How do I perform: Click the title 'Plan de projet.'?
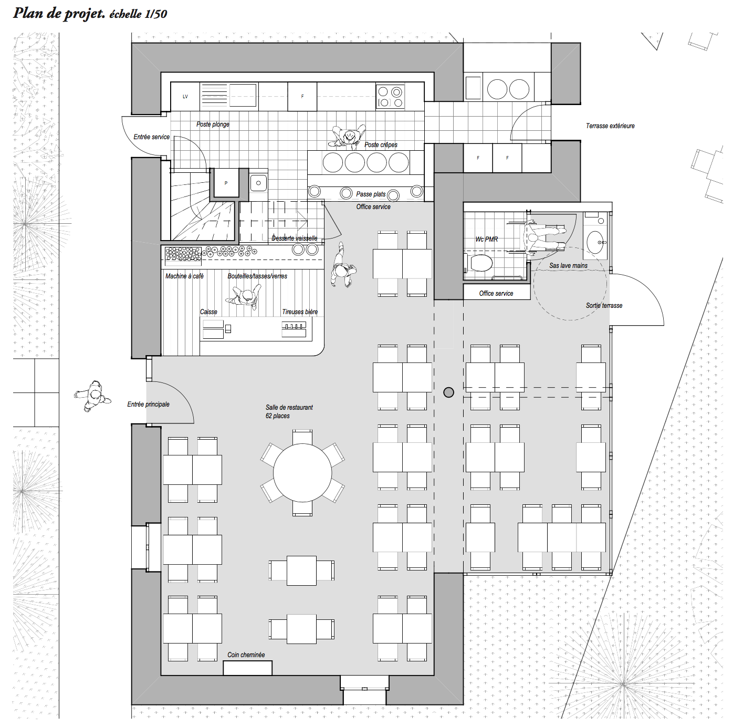coord(59,13)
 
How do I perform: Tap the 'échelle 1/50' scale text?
coord(138,14)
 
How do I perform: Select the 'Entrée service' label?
coord(151,137)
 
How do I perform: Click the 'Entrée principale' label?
coord(148,405)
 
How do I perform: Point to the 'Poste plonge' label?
coord(213,125)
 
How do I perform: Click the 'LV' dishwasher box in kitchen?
coord(185,97)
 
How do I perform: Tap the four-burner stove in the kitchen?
coord(390,97)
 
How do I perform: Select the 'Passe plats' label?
coord(371,194)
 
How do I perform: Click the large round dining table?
coord(302,472)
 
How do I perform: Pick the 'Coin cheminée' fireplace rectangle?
coord(248,668)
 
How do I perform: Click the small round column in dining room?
coord(448,392)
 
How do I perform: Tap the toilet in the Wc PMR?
coord(480,263)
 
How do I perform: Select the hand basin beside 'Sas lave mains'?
coord(595,242)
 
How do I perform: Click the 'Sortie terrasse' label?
coord(604,306)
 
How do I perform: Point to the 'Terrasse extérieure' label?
coord(610,126)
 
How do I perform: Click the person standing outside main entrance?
coord(93,396)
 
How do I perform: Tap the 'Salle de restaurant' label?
coord(289,408)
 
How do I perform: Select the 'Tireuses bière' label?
coord(300,312)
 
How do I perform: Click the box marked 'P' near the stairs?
coord(226,183)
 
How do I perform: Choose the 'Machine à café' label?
coord(184,276)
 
